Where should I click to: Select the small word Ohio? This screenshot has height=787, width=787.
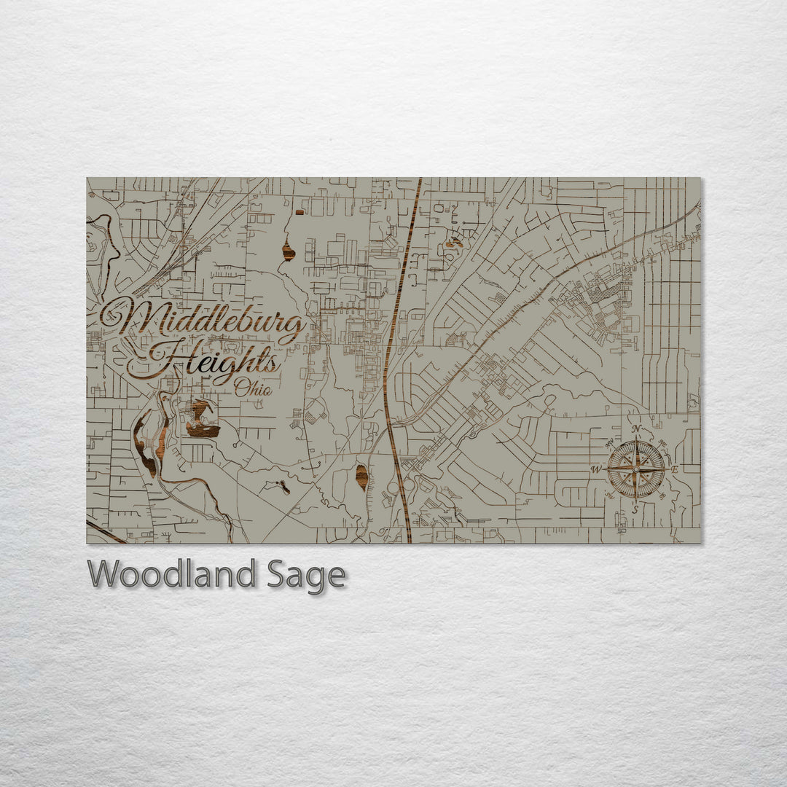(x=253, y=389)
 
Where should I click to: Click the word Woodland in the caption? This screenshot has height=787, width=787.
(x=171, y=574)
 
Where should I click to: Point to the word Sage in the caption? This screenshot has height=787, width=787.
(x=305, y=576)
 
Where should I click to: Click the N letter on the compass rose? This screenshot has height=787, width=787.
(x=636, y=429)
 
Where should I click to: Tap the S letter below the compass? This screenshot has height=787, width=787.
(x=635, y=510)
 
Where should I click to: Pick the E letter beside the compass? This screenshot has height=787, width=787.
(x=674, y=469)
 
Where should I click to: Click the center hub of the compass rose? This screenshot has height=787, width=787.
(x=636, y=469)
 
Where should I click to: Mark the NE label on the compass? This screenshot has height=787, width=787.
(x=662, y=443)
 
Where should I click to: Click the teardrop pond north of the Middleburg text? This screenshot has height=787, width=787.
(x=289, y=251)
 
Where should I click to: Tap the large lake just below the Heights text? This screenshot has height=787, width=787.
(x=202, y=421)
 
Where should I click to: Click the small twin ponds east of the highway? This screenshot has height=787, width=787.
(x=454, y=242)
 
